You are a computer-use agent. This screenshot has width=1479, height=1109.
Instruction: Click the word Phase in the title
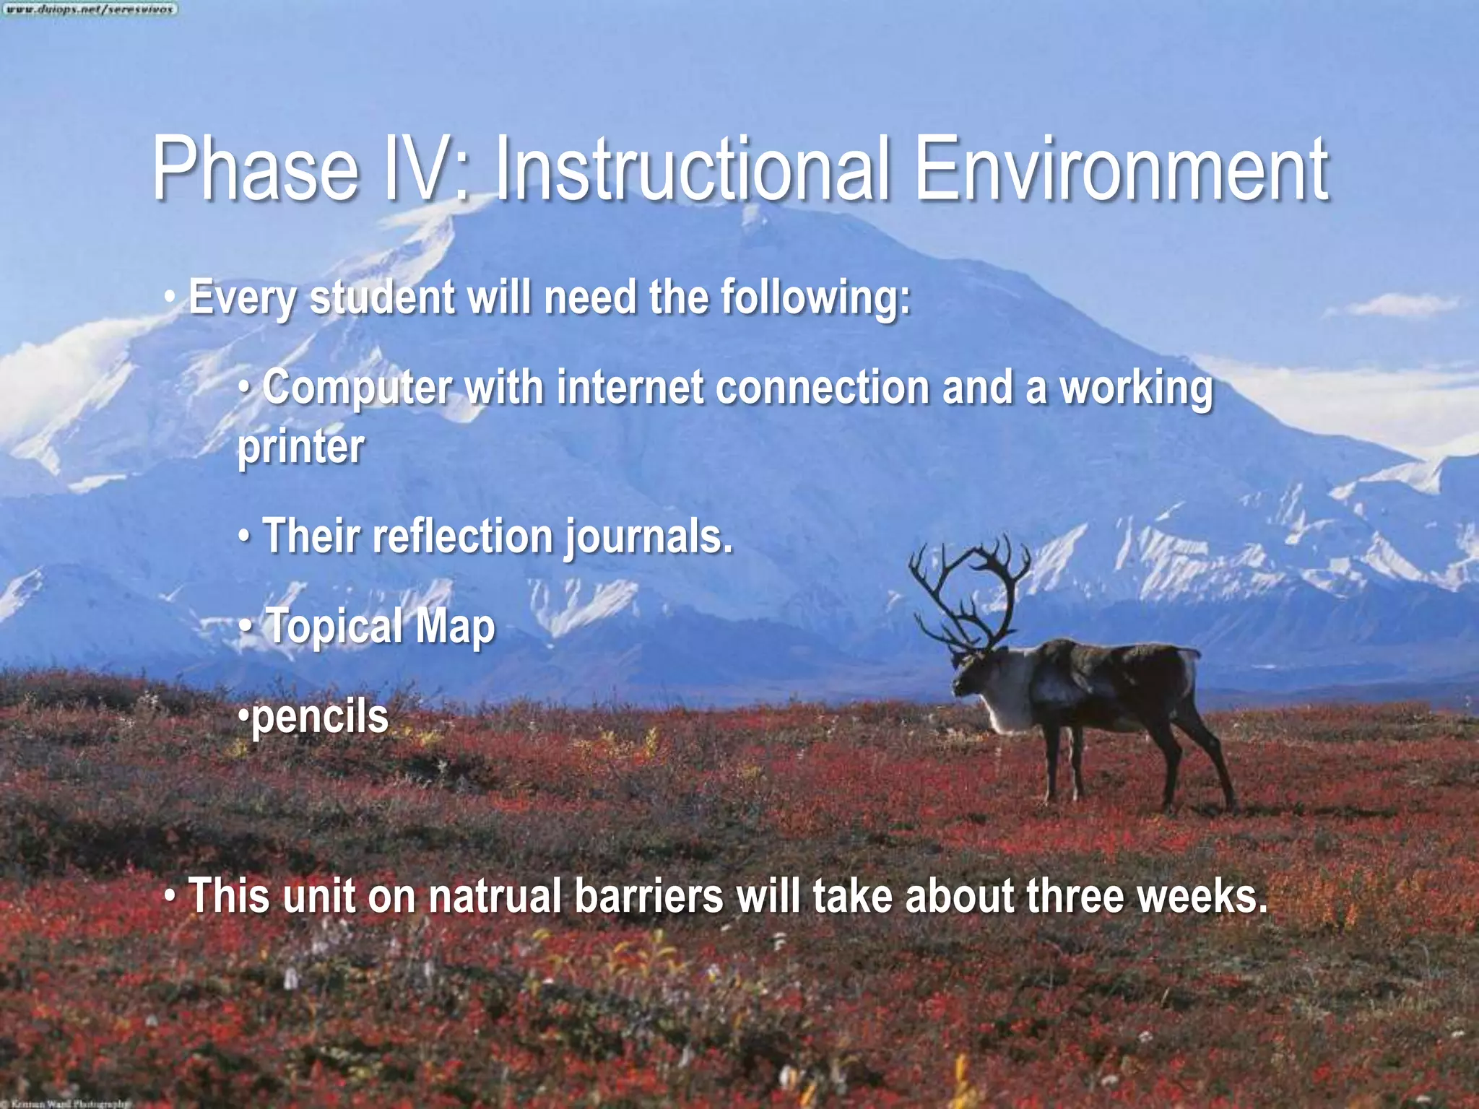[255, 171]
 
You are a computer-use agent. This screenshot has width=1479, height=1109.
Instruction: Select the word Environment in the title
[1122, 171]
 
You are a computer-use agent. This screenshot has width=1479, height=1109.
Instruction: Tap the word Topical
[334, 626]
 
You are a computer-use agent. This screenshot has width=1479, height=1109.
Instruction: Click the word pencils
[320, 717]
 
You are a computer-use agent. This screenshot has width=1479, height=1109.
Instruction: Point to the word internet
[630, 388]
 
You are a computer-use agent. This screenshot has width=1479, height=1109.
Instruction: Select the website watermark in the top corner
[89, 9]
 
